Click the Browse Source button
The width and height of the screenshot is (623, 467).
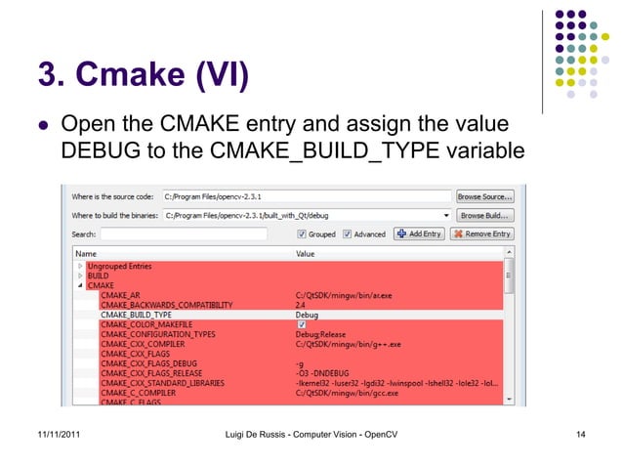[x=485, y=196]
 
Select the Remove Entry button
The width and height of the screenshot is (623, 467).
[x=482, y=234]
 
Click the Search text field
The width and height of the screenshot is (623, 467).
[x=195, y=234]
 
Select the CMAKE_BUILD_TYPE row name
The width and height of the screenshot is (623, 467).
[x=136, y=316]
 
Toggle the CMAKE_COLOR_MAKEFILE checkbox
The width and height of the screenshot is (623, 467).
[x=300, y=324]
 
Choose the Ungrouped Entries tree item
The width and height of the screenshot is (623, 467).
[x=119, y=266]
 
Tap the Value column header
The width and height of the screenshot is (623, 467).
[x=306, y=253]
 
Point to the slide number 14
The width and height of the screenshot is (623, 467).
[x=581, y=433]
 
